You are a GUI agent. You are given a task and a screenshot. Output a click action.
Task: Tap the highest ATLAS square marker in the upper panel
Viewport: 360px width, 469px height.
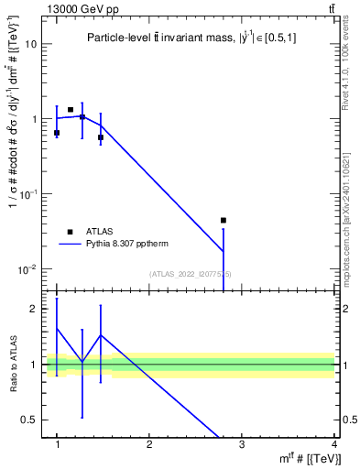tap(70, 110)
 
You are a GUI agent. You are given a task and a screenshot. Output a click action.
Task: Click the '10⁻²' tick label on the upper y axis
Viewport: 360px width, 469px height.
tap(28, 269)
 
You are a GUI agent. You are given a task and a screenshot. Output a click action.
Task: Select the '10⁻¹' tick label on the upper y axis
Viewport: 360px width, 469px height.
tap(28, 194)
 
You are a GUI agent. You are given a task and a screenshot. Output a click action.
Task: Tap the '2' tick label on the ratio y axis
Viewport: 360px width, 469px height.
tap(34, 309)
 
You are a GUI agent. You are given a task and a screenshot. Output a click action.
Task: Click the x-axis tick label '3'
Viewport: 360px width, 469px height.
tap(242, 445)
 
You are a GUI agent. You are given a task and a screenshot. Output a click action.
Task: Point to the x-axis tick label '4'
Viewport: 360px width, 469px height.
tap(334, 445)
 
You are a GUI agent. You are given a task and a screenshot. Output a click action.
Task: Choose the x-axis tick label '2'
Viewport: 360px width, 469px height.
tap(149, 445)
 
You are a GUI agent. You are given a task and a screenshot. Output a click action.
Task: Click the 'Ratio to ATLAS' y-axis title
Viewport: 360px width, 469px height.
tap(14, 365)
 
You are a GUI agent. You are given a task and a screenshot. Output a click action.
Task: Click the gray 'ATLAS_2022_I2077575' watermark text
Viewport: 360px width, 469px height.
tap(191, 274)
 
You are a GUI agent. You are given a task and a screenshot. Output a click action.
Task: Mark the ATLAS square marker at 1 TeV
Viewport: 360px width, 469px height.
tap(57, 133)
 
